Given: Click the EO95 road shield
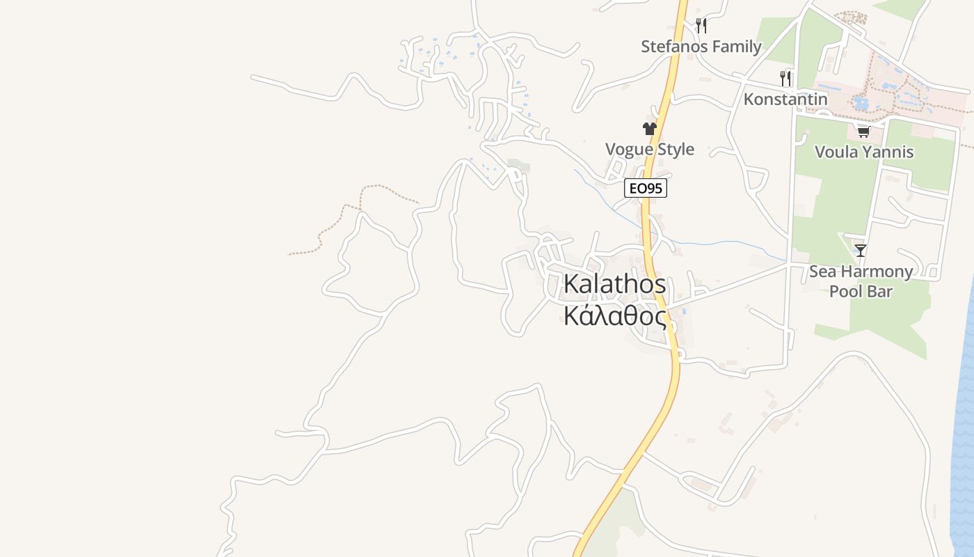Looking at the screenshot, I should (x=646, y=188).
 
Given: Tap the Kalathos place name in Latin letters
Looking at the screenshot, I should (x=614, y=284).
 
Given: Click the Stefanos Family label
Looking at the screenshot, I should (x=701, y=47).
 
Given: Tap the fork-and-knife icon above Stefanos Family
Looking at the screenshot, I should (x=701, y=26).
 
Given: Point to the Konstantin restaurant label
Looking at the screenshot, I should (x=785, y=99).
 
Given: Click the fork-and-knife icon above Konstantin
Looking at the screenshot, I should (x=786, y=78).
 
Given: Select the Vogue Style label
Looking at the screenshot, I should (x=650, y=149).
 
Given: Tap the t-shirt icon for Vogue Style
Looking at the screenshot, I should (x=650, y=129).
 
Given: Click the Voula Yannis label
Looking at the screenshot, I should (x=863, y=152).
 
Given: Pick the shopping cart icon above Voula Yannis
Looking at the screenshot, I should (x=863, y=132).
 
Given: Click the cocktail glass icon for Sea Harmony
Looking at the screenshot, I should (x=861, y=251).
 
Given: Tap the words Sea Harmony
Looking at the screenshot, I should (x=861, y=272).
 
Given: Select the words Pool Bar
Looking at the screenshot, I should (x=861, y=291).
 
